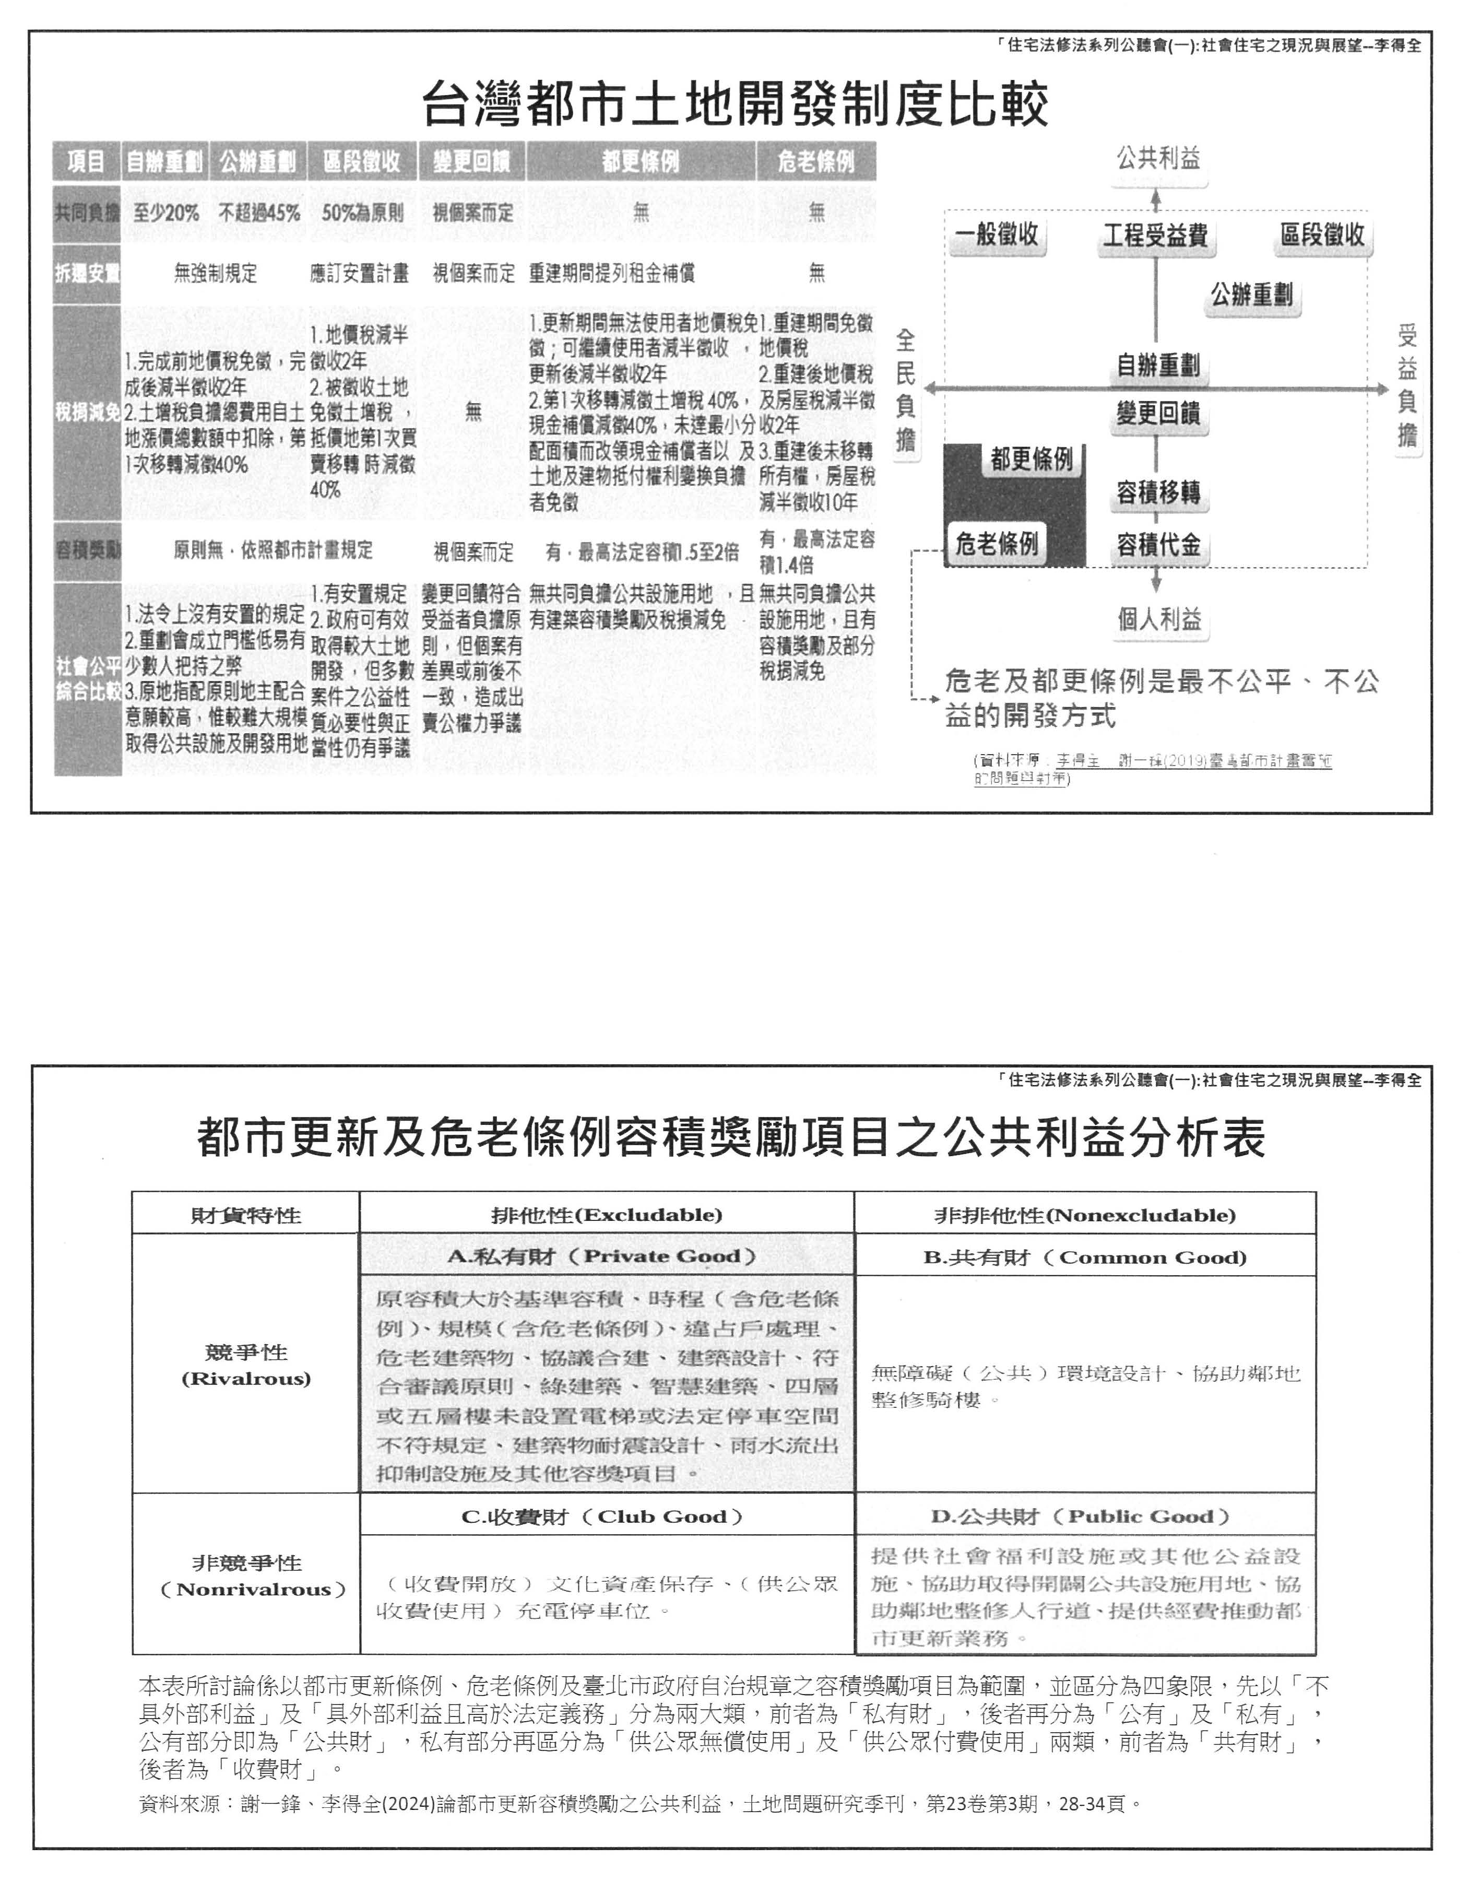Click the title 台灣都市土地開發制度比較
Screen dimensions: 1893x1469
pos(735,104)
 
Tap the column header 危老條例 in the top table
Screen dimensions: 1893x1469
pos(815,161)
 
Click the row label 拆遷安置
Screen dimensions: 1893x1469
pos(87,274)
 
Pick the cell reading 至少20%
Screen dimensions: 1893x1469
pos(167,213)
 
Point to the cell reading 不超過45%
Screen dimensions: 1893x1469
pos(259,213)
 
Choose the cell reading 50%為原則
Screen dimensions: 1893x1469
pos(362,213)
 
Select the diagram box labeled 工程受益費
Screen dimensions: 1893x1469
pos(1155,236)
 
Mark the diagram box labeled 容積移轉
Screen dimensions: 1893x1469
pos(1158,493)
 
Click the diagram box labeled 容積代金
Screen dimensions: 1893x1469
pos(1158,545)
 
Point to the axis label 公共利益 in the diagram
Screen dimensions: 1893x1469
pos(1158,159)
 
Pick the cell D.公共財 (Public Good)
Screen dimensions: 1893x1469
pos(1085,1517)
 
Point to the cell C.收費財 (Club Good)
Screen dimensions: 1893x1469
pos(607,1517)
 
